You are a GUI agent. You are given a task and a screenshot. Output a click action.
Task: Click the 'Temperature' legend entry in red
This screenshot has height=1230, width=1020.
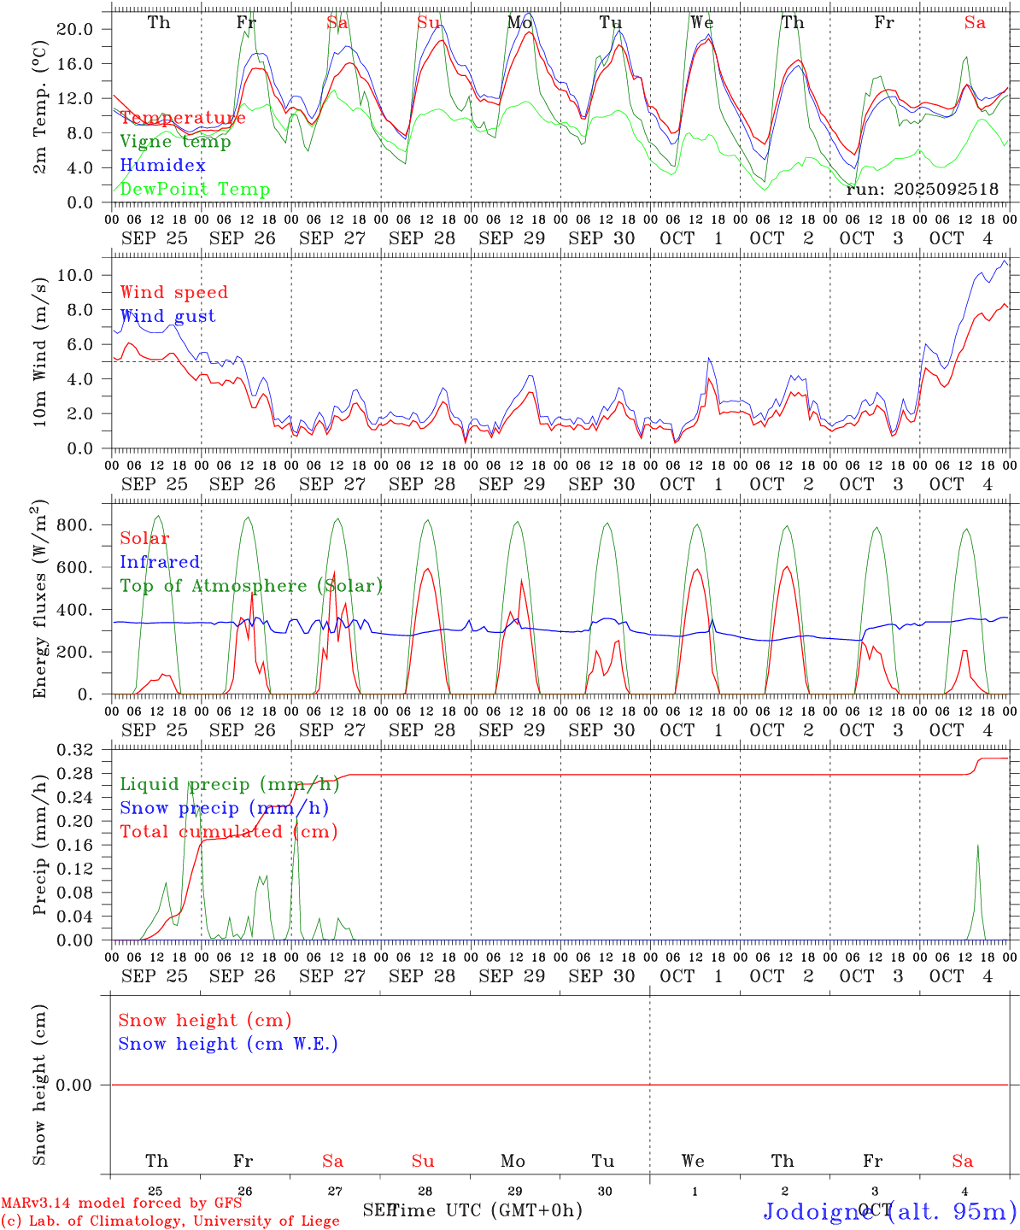[x=183, y=118]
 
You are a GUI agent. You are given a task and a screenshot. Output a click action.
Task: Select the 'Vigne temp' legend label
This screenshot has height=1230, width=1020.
[x=175, y=142]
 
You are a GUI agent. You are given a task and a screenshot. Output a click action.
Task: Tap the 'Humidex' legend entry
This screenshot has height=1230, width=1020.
[x=162, y=166]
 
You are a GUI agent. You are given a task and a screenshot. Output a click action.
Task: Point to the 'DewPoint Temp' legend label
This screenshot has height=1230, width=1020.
[x=195, y=190]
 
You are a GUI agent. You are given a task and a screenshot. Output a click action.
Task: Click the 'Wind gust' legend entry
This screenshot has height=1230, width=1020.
[x=167, y=316]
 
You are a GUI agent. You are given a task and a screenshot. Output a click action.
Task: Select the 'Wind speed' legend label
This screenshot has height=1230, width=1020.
[x=174, y=292]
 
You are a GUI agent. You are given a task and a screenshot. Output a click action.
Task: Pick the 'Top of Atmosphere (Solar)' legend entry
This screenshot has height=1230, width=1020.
[x=251, y=586]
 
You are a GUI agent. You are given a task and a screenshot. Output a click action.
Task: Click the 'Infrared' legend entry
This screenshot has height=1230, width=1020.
[x=160, y=562]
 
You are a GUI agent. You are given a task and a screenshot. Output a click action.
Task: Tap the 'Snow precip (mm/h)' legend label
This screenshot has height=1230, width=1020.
[x=224, y=808]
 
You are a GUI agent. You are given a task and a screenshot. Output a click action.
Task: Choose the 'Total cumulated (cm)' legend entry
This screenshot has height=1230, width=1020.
[x=229, y=832]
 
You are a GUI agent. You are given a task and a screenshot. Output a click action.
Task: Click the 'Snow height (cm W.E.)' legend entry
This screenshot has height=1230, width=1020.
[x=228, y=1044]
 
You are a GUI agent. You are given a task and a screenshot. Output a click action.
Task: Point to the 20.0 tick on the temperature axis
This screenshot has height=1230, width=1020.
[x=74, y=29]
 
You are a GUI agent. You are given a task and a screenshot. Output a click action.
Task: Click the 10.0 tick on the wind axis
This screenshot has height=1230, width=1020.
[x=74, y=275]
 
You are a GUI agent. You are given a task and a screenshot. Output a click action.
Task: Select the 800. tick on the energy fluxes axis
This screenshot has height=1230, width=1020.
[x=73, y=525]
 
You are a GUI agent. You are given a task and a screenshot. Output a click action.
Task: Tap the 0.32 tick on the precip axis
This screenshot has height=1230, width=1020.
[x=74, y=750]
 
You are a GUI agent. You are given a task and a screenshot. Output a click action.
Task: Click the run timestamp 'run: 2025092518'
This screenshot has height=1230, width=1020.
[x=922, y=190]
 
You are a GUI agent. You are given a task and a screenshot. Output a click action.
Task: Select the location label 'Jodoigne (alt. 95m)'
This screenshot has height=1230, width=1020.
[x=889, y=1211]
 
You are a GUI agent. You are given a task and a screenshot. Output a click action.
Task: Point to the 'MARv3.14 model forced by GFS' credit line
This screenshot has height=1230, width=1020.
[x=121, y=1204]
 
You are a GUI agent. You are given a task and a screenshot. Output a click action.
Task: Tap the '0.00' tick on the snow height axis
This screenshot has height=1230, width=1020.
[x=74, y=1085]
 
